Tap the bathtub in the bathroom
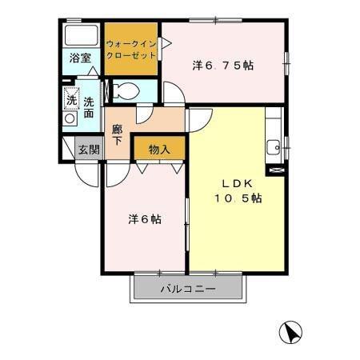(x=81, y=37)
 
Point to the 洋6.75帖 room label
(x=223, y=66)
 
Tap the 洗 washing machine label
(x=70, y=101)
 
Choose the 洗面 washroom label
(x=89, y=108)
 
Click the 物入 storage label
(x=159, y=149)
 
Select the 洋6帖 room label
(x=144, y=218)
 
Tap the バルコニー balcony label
(x=187, y=290)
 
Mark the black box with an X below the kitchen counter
(x=278, y=170)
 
